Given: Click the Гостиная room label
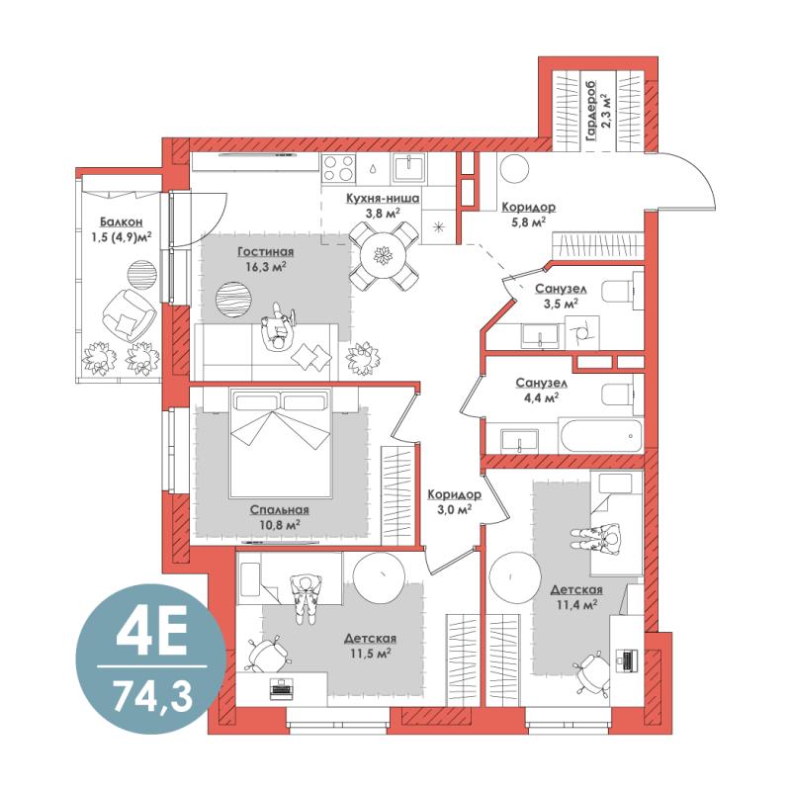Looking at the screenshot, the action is click(265, 251).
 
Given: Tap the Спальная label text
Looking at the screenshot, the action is click(280, 510).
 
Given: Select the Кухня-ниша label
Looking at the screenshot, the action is click(383, 199).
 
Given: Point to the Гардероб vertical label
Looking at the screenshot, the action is click(590, 110).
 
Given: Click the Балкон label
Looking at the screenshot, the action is click(121, 221).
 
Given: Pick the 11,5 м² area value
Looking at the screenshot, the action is click(371, 654).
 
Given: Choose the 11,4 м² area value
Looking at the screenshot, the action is click(576, 604).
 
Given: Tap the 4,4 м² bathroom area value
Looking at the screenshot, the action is click(541, 398).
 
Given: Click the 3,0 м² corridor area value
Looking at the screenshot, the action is click(455, 509).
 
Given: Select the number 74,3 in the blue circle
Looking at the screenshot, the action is click(152, 696).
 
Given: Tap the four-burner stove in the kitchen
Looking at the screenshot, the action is click(338, 168).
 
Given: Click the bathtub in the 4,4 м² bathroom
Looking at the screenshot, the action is click(600, 435).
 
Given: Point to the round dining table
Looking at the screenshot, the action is click(384, 256).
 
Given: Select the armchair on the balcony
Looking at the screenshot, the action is click(129, 315).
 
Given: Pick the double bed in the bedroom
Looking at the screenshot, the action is click(281, 442).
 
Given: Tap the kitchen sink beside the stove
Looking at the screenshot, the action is click(409, 167).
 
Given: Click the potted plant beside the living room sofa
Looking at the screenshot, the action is click(363, 359).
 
